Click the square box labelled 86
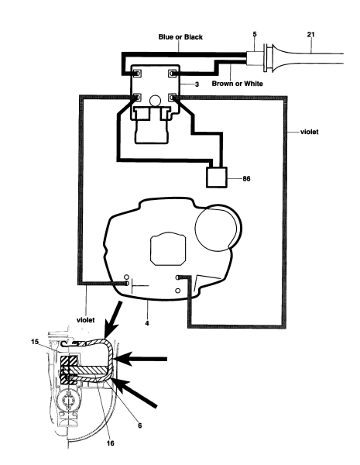221,177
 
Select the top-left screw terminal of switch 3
137,74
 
